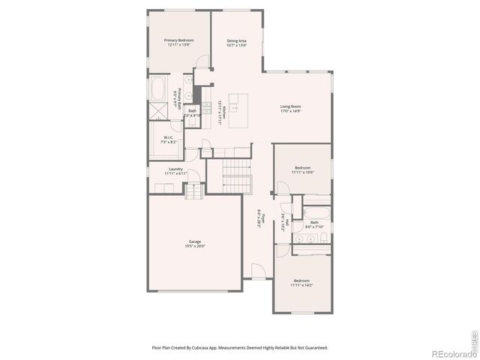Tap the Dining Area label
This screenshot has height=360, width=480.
tap(237, 43)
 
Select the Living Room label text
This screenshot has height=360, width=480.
tap(290, 109)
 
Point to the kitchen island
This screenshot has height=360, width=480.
tap(238, 109)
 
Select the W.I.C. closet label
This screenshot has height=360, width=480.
tap(169, 139)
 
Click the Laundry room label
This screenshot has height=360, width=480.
tap(175, 172)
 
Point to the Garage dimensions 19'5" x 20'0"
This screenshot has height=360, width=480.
tap(194, 247)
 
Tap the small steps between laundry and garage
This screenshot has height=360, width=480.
tap(193, 193)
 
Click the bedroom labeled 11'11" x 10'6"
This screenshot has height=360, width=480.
tap(302, 169)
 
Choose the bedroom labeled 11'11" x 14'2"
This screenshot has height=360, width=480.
tap(302, 283)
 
